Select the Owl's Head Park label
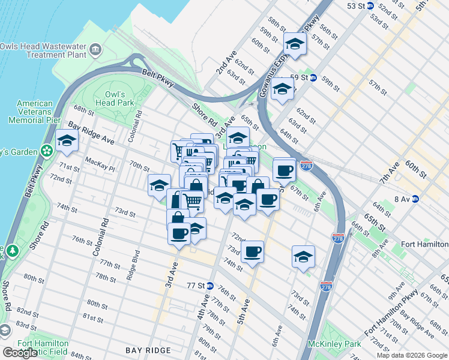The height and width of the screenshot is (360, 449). pyautogui.click(x=115, y=98)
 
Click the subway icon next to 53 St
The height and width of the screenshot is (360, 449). pyautogui.click(x=370, y=6)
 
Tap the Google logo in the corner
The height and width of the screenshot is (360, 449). pyautogui.click(x=20, y=353)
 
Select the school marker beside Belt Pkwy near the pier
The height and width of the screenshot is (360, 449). pyautogui.click(x=67, y=142)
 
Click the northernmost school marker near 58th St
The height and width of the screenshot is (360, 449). pyautogui.click(x=295, y=44)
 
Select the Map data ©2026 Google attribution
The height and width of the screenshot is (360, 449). pyautogui.click(x=412, y=355)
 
